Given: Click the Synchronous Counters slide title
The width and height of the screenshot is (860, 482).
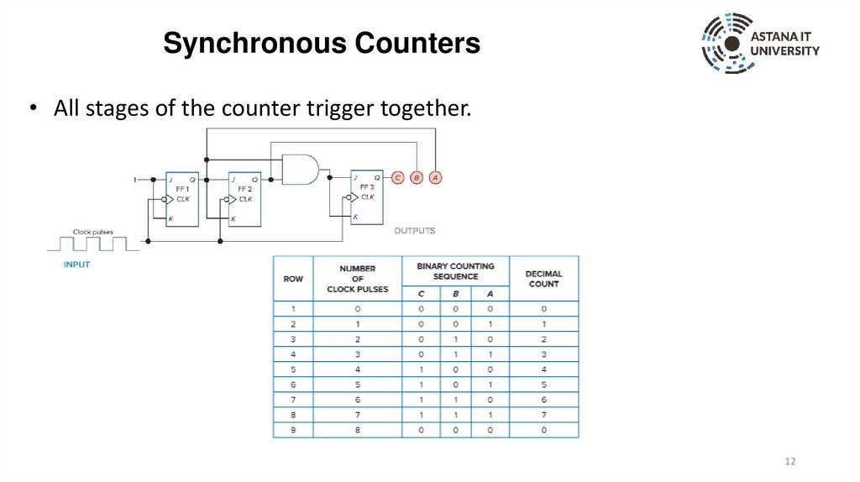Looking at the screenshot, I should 321,43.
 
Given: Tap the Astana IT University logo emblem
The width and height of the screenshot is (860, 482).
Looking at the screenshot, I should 726,43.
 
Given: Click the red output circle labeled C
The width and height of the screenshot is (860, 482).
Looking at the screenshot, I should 398,177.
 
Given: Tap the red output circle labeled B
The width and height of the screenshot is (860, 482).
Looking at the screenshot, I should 417,177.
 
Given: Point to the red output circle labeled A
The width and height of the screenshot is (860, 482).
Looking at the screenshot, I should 435,177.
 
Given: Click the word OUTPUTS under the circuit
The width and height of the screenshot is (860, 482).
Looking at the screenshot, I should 415,230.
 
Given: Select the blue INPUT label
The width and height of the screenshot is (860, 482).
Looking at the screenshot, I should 77,264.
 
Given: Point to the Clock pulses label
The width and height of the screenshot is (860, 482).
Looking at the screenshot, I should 92,232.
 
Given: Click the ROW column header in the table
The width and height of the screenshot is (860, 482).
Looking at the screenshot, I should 293,278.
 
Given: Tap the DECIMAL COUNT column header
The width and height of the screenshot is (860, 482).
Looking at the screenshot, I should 543,278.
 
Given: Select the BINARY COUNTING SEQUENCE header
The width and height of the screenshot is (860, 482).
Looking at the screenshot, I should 455,270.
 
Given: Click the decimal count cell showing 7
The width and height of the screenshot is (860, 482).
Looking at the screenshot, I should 543,414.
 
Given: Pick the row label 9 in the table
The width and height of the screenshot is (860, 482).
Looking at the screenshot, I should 293,430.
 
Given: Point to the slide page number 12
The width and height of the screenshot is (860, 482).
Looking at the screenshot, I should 789,462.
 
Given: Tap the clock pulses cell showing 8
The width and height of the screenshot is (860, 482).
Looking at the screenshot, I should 358,430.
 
